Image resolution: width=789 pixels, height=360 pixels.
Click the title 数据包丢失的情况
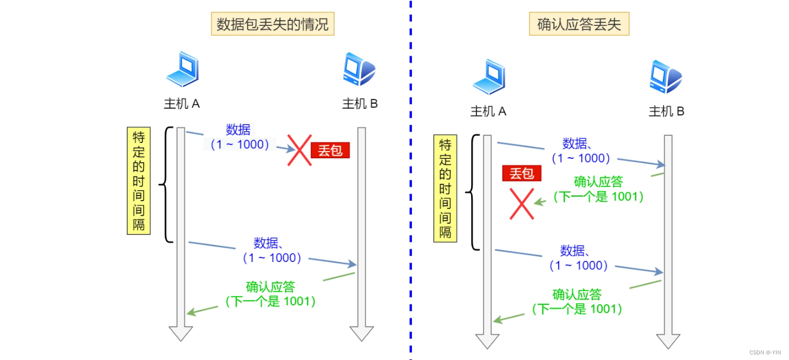pyautogui.click(x=273, y=25)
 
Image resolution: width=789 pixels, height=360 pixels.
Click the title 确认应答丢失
pyautogui.click(x=579, y=25)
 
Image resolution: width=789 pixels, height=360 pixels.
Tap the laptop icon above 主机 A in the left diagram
pyautogui.click(x=182, y=69)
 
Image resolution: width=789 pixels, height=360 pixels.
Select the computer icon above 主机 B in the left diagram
pyautogui.click(x=359, y=69)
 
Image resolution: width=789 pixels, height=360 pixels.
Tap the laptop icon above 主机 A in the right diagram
pyautogui.click(x=489, y=77)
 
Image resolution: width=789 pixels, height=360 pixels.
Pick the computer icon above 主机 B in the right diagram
pyautogui.click(x=666, y=77)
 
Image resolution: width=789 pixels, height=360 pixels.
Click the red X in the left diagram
pyautogui.click(x=299, y=150)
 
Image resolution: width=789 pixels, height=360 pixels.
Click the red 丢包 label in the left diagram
pyautogui.click(x=330, y=150)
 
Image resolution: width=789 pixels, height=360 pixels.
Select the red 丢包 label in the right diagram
pyautogui.click(x=521, y=174)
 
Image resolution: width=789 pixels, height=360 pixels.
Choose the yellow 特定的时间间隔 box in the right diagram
pyautogui.click(x=445, y=189)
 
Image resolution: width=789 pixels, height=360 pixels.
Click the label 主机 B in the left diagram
pyautogui.click(x=360, y=104)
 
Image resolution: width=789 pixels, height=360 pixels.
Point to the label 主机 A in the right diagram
pyautogui.click(x=489, y=112)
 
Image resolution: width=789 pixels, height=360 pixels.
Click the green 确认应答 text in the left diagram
pyautogui.click(x=271, y=287)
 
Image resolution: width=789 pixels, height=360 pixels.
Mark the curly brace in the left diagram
pyautogui.click(x=165, y=184)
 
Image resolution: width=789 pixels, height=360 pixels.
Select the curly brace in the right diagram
pyautogui.click(x=472, y=192)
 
